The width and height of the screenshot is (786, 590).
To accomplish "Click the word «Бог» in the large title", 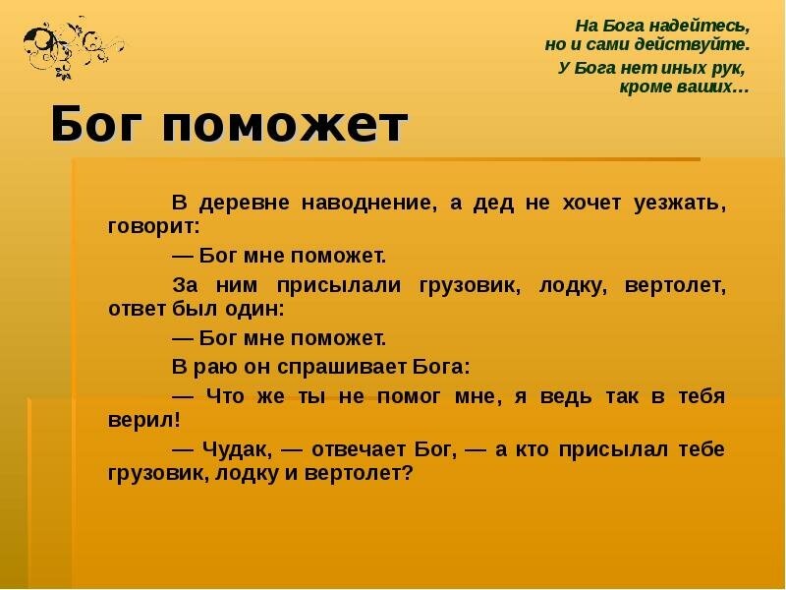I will [95, 126].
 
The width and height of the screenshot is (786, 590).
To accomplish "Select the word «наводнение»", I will [376, 204].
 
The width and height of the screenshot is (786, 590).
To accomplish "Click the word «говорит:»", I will [153, 225].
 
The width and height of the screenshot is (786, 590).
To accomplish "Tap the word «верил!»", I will [144, 418].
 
